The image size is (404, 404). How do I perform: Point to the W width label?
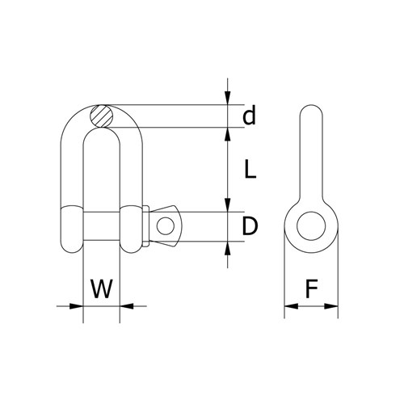[x=101, y=288]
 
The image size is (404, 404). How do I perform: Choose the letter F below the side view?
[x=311, y=288]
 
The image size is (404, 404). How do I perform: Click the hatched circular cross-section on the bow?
[x=102, y=116]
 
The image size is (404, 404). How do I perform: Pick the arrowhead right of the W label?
[x=128, y=306]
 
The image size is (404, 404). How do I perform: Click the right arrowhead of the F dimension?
[x=331, y=306]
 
